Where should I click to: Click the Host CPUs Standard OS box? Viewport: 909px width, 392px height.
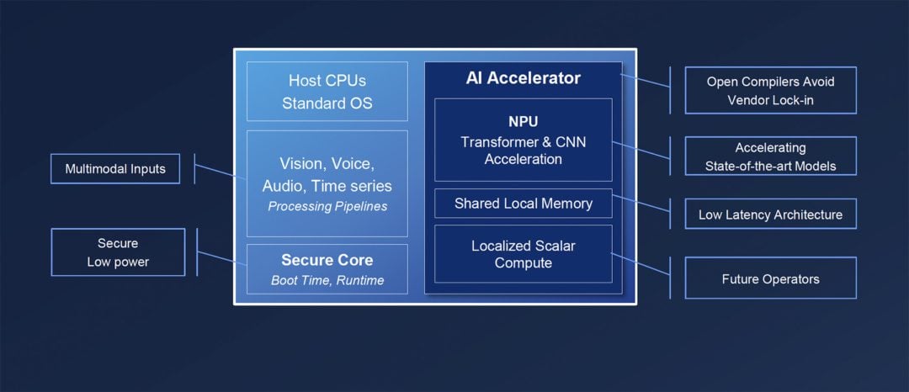click(327, 92)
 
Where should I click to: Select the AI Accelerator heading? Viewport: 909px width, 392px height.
click(523, 78)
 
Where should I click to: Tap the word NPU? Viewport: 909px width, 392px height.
click(523, 122)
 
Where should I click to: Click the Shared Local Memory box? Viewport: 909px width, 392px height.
click(523, 204)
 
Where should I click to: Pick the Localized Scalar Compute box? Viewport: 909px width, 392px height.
click(523, 254)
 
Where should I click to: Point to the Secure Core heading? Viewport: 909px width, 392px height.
click(327, 260)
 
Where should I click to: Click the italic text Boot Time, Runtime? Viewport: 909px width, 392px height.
click(327, 280)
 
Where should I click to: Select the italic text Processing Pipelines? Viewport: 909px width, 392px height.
click(327, 207)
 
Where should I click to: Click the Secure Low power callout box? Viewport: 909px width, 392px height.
click(117, 252)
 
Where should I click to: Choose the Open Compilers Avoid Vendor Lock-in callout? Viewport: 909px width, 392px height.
click(769, 90)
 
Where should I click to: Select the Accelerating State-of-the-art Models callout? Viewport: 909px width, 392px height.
click(769, 156)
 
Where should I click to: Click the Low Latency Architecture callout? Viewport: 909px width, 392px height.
click(769, 215)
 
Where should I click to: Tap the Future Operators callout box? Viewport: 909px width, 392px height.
click(769, 278)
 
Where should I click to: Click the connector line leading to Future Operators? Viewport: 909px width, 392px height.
click(640, 263)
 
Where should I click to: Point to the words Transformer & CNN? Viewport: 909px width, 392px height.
click(523, 142)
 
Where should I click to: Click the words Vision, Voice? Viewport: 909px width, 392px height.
click(327, 164)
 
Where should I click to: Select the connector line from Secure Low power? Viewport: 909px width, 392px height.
click(221, 257)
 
